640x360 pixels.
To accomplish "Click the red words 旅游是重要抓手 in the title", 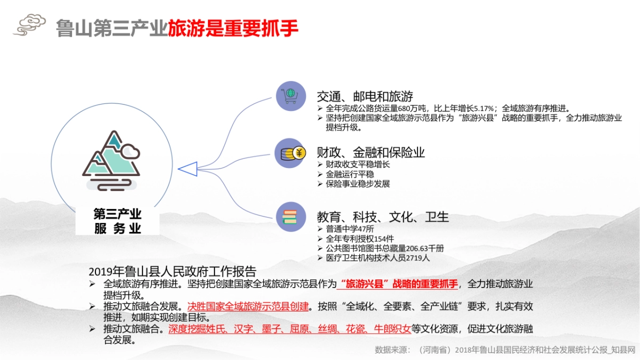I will [x=233, y=28].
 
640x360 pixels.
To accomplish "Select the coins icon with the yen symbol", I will [x=291, y=153].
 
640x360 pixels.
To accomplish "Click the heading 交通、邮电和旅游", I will [x=365, y=97].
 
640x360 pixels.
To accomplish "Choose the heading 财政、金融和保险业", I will [x=371, y=153].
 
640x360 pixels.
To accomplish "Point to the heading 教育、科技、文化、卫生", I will [x=382, y=217].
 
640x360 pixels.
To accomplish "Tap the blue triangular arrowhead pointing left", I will [x=187, y=169].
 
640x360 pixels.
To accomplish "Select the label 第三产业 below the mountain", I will [x=117, y=214].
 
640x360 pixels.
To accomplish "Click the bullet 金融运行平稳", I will [x=349, y=174].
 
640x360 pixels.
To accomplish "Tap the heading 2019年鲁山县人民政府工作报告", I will [x=172, y=271].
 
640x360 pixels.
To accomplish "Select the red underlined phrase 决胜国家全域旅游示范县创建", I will [x=248, y=307].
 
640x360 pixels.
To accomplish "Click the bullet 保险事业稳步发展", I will [x=358, y=184].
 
